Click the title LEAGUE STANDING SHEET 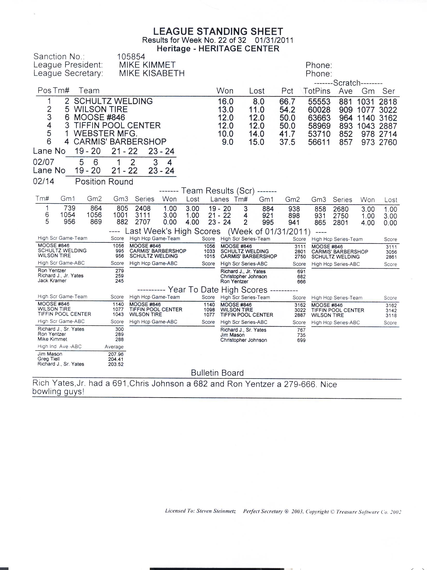pos(218,32)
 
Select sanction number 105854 pos(131,57)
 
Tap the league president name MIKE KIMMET pos(147,65)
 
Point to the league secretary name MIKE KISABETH pos(152,73)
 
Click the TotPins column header pos(317,91)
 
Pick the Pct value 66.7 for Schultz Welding pos(287,102)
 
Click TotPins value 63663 pos(319,118)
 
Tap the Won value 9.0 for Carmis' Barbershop pos(227,142)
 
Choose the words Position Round pos(104,182)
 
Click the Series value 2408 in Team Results pos(143,209)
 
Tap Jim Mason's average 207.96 pos(116,354)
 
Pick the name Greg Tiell pos(49,359)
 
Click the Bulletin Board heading pos(217,373)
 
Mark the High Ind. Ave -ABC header pos(60,346)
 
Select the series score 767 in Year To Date pos(301,330)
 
